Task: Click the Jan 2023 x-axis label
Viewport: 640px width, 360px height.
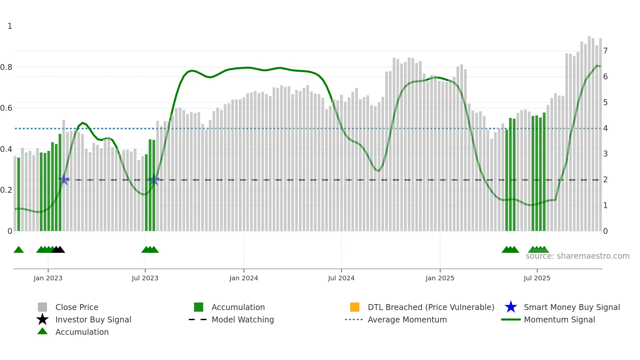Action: [48, 278]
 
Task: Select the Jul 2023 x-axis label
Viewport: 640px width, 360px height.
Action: [145, 278]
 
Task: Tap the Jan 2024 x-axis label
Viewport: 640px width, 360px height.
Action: [244, 278]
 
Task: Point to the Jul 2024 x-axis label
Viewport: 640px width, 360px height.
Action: [341, 278]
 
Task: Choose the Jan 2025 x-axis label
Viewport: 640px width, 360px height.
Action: [440, 278]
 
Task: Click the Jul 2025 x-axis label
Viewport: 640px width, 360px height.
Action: [537, 278]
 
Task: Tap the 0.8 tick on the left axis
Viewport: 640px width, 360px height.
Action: [6, 67]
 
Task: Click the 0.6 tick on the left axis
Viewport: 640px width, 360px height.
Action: [6, 108]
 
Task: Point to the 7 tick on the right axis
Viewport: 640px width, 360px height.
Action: [605, 51]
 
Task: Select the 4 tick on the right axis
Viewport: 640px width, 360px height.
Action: [605, 128]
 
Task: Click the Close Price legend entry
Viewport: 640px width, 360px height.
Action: [77, 307]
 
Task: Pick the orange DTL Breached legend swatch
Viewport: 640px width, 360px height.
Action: [355, 307]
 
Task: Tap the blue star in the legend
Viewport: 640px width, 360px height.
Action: [511, 307]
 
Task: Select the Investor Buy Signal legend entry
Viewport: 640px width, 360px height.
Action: [93, 319]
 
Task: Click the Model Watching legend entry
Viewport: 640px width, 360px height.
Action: [243, 319]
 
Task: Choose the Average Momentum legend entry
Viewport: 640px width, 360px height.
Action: [407, 319]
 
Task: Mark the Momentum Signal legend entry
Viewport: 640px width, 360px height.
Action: [559, 319]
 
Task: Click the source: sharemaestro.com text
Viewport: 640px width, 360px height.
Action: [577, 256]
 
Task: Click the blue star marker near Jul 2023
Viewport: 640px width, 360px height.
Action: [153, 180]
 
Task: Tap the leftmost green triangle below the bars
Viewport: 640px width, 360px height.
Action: [19, 250]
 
